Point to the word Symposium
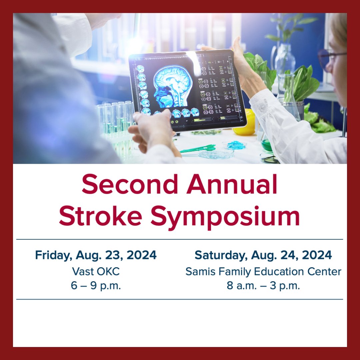225,217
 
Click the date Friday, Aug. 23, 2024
96,255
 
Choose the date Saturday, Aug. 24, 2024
263,255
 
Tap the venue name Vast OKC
96,271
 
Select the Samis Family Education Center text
263,271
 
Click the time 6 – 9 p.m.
96,286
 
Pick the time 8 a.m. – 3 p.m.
263,286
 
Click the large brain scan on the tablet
172,87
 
